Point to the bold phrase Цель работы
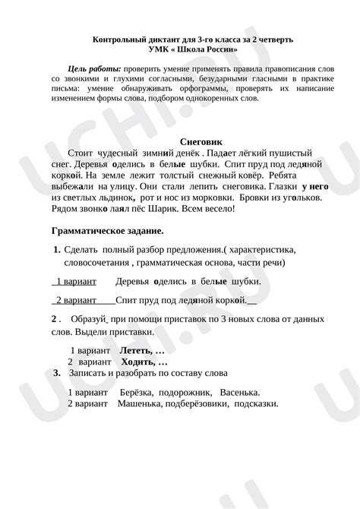[94, 68]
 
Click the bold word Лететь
[137, 351]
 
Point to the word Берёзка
[136, 392]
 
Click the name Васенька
[239, 392]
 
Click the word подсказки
[257, 403]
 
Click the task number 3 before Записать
[58, 373]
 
